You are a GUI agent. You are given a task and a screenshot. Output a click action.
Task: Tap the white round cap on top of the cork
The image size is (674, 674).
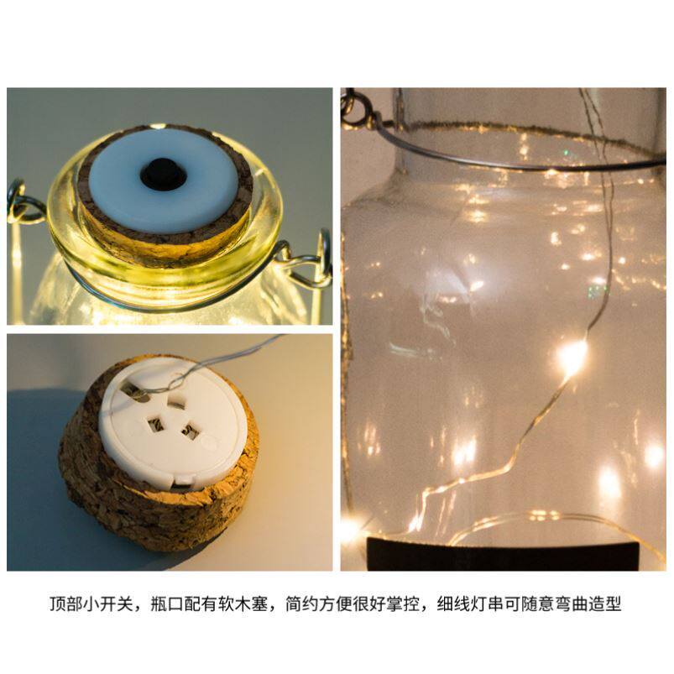tap(164, 180)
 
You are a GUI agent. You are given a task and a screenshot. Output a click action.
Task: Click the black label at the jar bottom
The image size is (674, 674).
tap(503, 554)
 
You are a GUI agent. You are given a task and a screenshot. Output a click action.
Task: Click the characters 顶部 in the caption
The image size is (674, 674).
tap(66, 604)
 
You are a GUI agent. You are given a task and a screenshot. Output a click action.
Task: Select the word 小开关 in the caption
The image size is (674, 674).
tap(109, 604)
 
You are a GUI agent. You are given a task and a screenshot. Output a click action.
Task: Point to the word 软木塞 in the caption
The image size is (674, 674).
tap(243, 604)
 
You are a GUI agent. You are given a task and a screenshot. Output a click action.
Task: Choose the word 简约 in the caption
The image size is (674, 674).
tap(302, 604)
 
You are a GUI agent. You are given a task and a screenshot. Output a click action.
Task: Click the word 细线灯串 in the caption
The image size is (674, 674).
tap(470, 604)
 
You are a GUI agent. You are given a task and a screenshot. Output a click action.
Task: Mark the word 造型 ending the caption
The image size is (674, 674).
tap(605, 604)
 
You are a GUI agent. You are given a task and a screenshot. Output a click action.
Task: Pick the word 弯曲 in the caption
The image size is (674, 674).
tap(572, 604)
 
